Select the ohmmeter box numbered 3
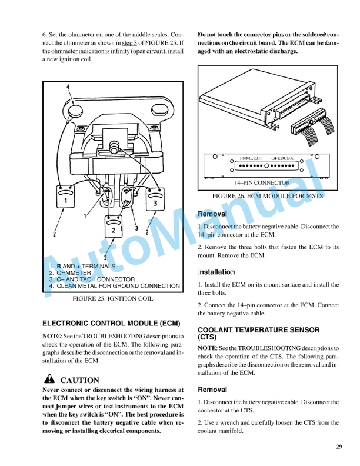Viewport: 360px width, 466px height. coord(154,199)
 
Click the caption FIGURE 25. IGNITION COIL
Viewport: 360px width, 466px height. coord(112,299)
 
